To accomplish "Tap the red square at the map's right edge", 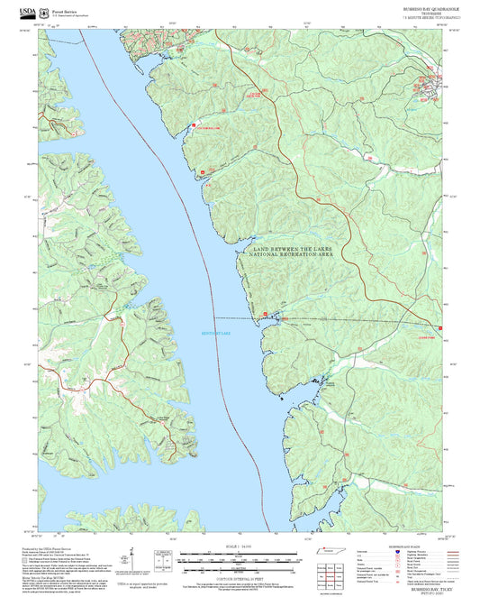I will click(440, 327).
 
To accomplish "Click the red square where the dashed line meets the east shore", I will click(263, 316).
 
